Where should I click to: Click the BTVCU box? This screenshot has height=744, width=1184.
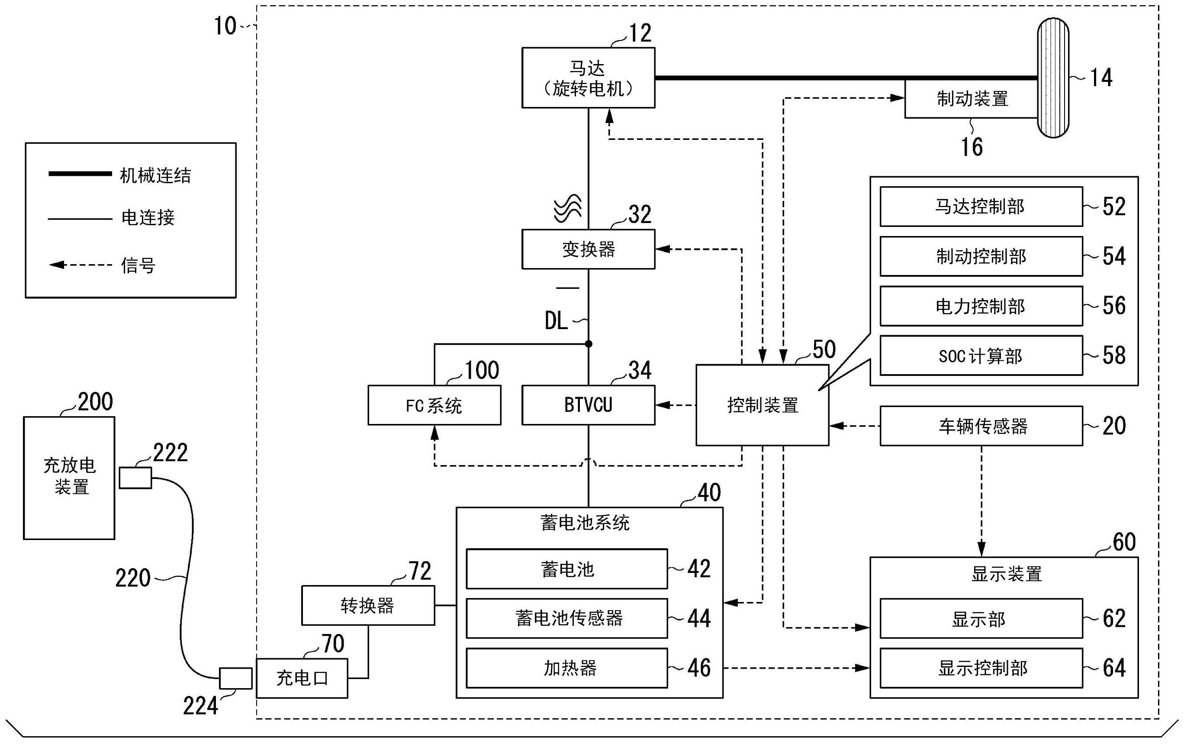[x=588, y=405]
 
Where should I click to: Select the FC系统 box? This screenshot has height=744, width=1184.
[x=434, y=405]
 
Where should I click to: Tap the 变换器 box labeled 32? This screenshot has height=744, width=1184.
[x=588, y=249]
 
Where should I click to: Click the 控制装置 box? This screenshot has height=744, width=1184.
[x=762, y=405]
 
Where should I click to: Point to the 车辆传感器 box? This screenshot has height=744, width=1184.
[x=981, y=426]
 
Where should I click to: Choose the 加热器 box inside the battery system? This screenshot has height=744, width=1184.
[x=566, y=668]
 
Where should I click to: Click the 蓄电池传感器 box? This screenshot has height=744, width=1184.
[x=566, y=618]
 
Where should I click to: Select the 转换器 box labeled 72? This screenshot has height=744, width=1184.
[x=368, y=605]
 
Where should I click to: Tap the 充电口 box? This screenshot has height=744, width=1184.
[x=302, y=678]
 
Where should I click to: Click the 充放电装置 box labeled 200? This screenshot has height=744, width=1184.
[x=69, y=478]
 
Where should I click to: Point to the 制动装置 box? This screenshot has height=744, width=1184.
[x=971, y=99]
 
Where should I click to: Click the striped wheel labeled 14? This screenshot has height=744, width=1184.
[x=1053, y=78]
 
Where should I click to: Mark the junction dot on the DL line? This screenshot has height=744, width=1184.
[x=589, y=344]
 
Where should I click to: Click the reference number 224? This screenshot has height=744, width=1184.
[x=200, y=707]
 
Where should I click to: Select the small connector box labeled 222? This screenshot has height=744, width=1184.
[x=135, y=478]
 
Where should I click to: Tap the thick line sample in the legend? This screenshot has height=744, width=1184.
[x=80, y=174]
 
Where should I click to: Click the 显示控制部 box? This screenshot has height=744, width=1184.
[x=981, y=668]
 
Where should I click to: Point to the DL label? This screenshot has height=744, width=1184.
[x=556, y=321]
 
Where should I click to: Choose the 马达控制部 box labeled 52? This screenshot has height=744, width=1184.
[x=981, y=207]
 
